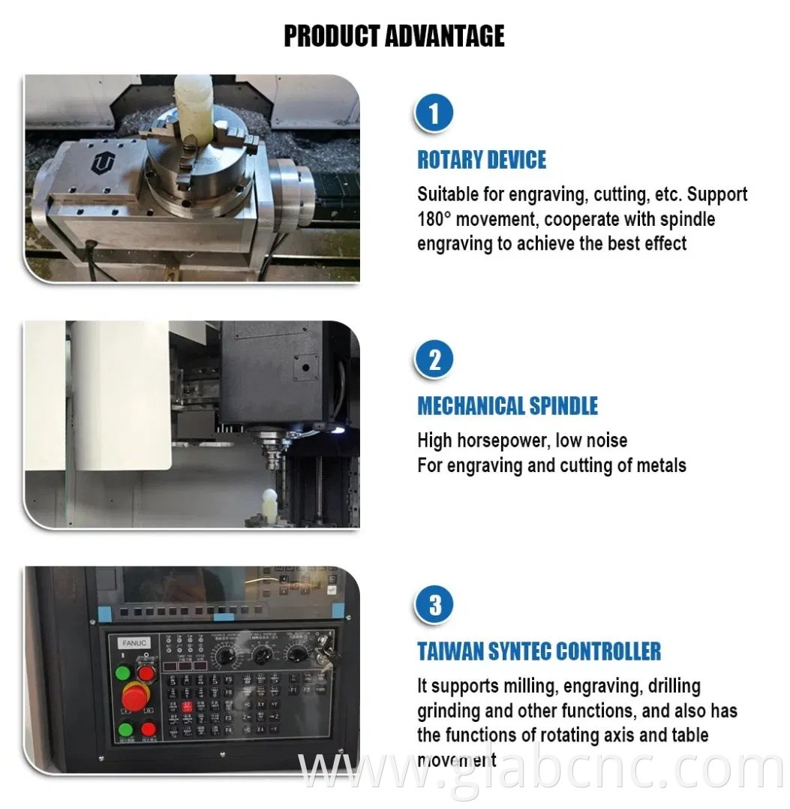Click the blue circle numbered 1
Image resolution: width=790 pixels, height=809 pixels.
coord(434,114)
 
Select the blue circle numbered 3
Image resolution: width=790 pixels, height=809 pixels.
coord(434,605)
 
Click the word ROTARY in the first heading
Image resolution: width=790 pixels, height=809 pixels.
coord(449,160)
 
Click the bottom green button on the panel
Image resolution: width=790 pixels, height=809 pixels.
coord(125,729)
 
